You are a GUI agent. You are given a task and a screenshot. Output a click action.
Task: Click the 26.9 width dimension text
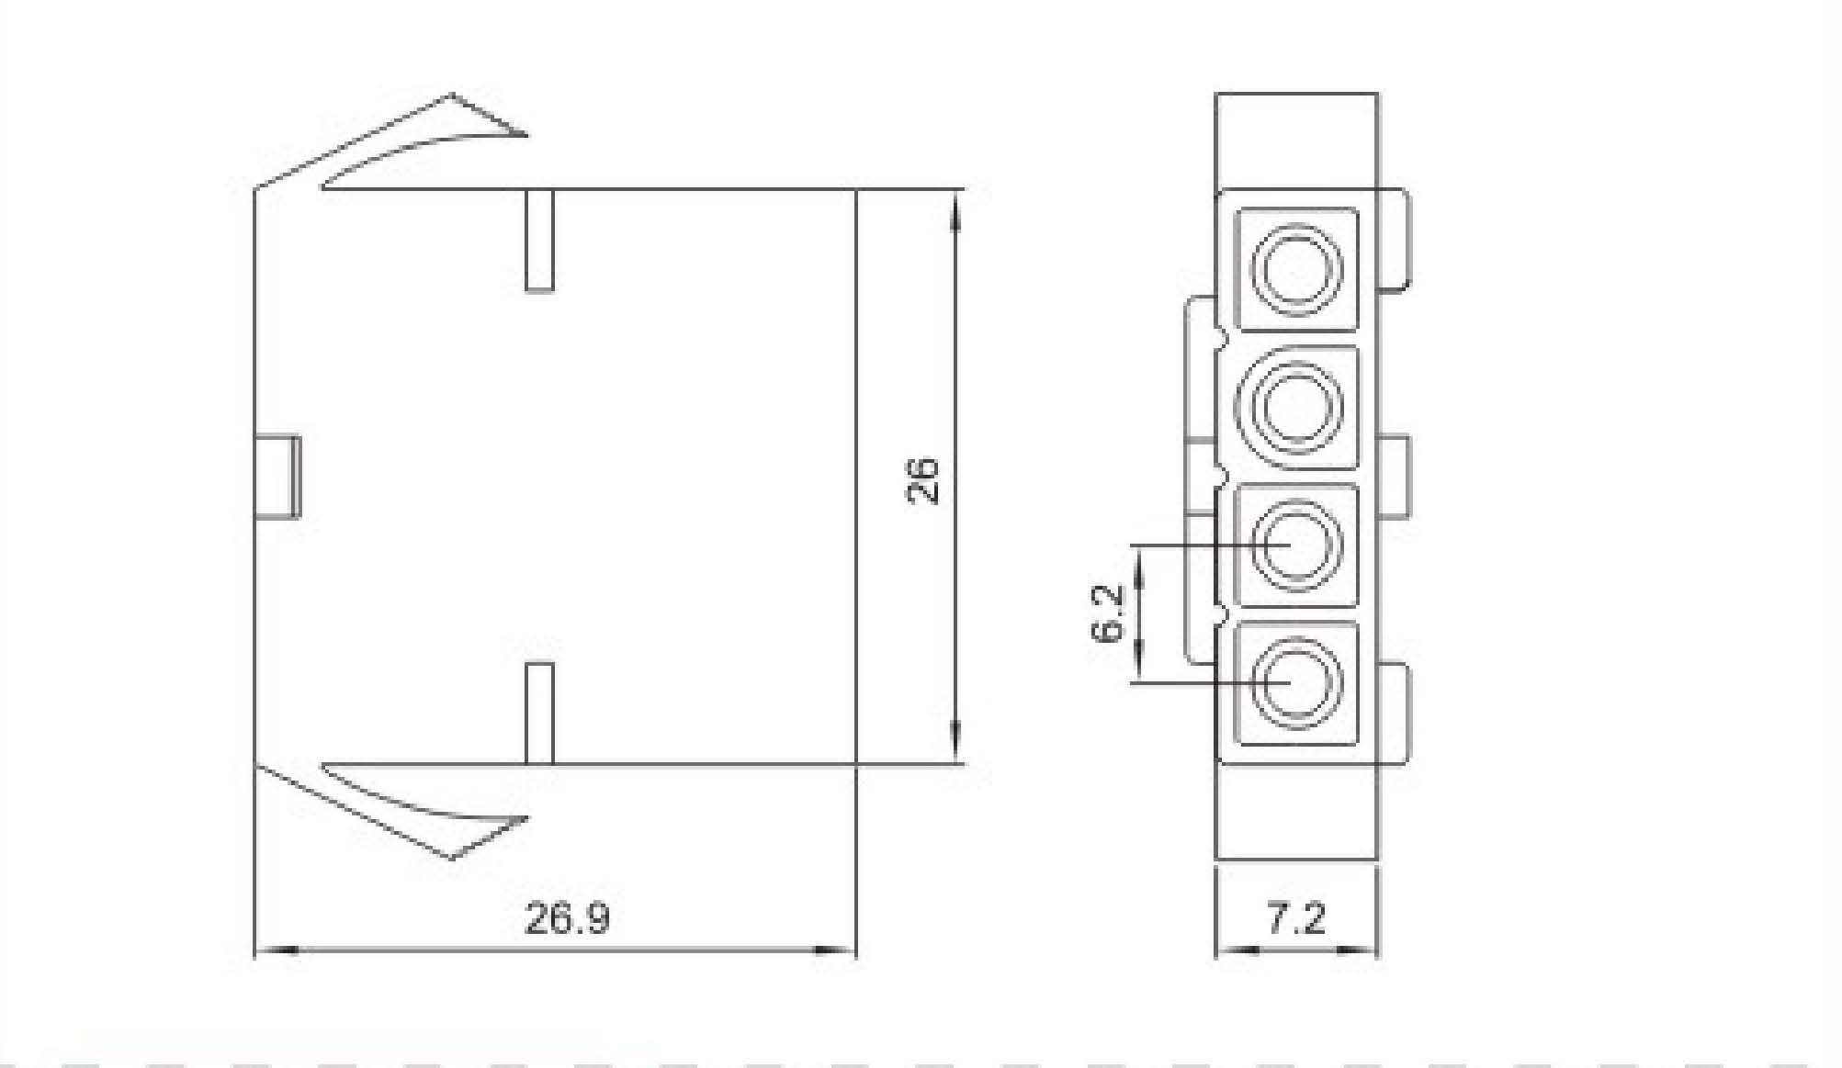coord(567,917)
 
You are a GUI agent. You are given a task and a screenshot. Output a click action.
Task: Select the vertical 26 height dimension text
coord(922,479)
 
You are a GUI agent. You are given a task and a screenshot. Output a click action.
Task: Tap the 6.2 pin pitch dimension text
coord(1108,613)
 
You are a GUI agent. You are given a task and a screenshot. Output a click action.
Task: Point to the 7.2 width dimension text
coord(1296,917)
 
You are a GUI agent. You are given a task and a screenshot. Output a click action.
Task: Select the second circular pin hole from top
coord(1296,405)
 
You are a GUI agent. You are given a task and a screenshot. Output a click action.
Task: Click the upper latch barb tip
coord(526,135)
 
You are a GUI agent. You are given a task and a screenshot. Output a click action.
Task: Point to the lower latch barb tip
coord(526,816)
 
